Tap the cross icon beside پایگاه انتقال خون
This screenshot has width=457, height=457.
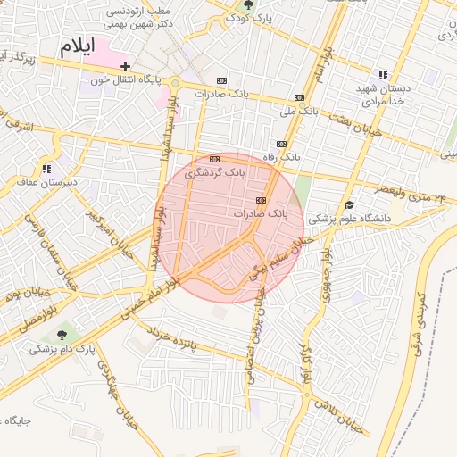(126, 66)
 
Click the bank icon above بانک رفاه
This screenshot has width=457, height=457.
(282, 144)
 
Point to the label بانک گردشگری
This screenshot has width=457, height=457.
(214, 172)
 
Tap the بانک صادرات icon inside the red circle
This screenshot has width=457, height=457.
(261, 200)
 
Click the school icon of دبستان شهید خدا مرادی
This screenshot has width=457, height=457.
(383, 75)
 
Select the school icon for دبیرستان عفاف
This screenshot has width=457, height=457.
(46, 168)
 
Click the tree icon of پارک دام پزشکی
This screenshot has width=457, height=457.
(61, 336)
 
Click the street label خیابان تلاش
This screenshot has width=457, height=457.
(340, 414)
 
